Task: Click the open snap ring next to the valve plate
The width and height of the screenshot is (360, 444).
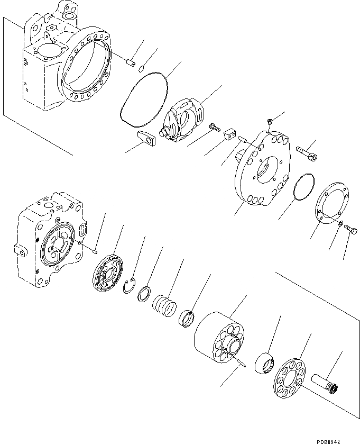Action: [x=129, y=286]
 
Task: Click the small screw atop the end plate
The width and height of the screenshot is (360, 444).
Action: [x=269, y=123]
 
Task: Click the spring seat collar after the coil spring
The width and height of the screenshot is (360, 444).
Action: [x=187, y=320]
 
